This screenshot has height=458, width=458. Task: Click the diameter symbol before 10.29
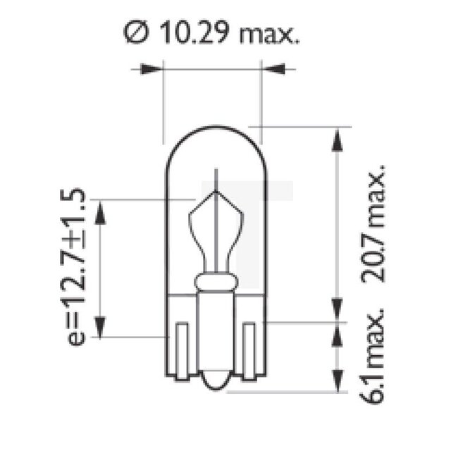135,33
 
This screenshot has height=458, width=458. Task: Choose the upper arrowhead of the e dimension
101,211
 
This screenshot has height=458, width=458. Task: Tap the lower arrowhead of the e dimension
101,326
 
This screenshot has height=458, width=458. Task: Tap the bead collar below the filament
215,284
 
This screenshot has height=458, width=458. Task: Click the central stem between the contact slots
215,331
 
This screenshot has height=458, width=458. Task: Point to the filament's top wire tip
216,173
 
